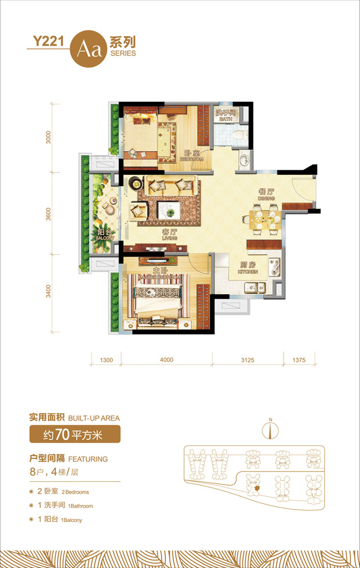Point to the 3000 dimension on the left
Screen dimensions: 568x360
pos(49,138)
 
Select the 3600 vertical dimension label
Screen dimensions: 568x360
pos(49,215)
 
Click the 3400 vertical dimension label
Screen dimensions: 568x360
pos(49,292)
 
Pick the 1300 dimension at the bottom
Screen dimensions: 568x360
pos(106,360)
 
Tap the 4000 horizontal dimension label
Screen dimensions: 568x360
pos(166,360)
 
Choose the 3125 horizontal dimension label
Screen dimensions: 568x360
pos(247,360)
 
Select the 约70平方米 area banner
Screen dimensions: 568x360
pos(75,434)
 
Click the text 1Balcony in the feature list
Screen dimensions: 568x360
pos(71,520)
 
